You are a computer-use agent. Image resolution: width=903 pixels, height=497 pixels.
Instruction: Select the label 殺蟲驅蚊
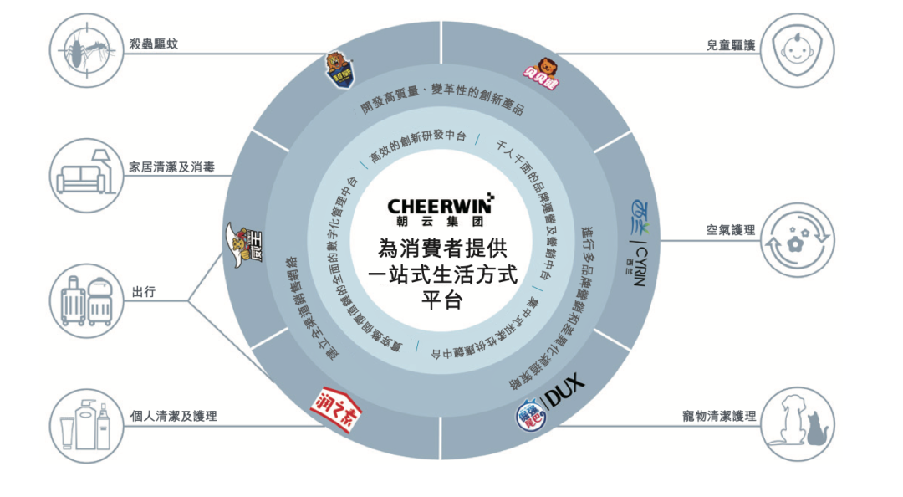pos(154,44)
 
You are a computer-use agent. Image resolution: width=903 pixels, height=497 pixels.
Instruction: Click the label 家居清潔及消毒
pos(171,167)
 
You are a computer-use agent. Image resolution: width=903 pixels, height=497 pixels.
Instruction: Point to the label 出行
pos(142,293)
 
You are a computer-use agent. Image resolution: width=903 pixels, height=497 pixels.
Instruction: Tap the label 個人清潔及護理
pos(173,415)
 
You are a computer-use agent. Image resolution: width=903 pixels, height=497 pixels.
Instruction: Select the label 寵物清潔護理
pos(720,415)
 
